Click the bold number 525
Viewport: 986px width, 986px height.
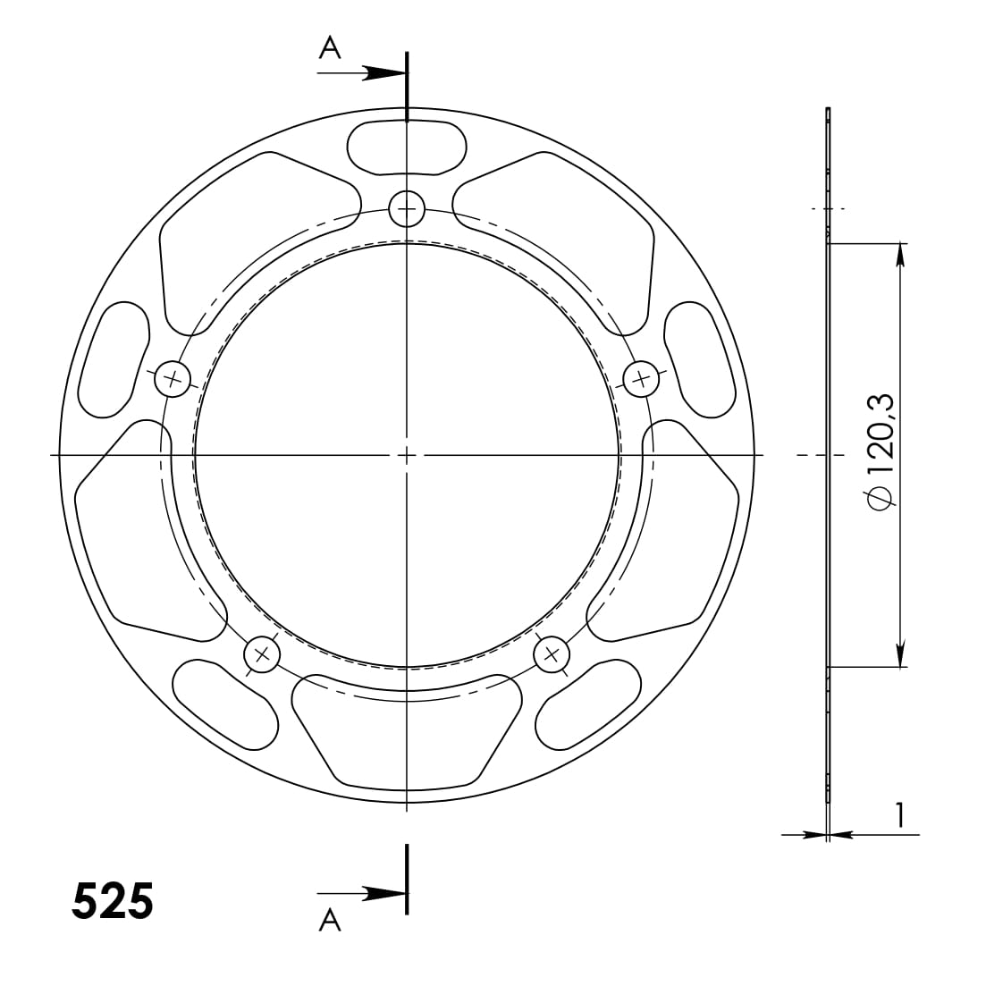click(113, 900)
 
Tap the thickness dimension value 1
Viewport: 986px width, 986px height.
click(900, 815)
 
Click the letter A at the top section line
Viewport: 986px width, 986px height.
click(330, 47)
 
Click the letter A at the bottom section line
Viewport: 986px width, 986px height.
click(330, 920)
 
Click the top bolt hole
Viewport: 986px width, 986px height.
click(407, 209)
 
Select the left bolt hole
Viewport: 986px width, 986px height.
click(173, 379)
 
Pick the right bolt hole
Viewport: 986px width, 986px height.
click(642, 379)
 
